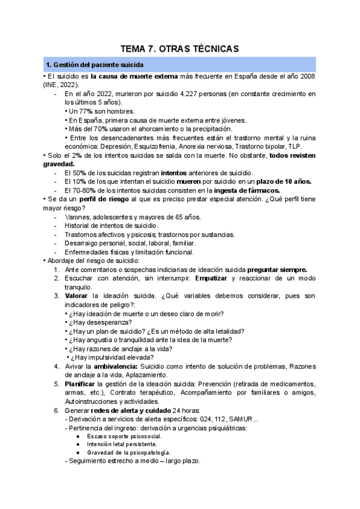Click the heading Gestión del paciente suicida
[x=94, y=65]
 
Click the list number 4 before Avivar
[x=56, y=366]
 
